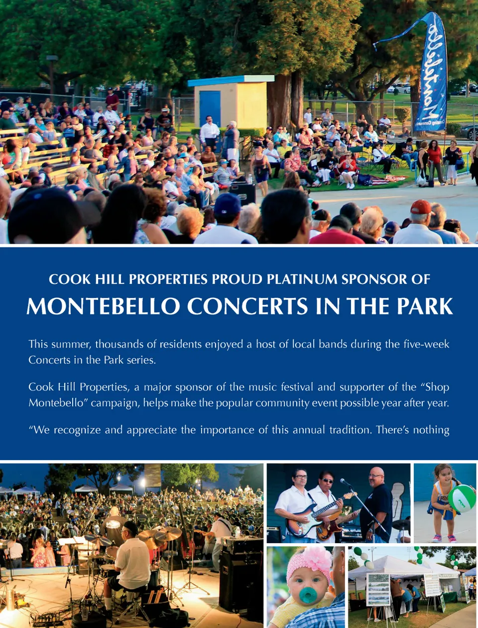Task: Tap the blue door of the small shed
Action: coord(210,109)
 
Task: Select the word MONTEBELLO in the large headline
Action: coord(103,306)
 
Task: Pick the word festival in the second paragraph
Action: coord(297,387)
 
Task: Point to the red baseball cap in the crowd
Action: coord(421,207)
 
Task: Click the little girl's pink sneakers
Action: coord(444,538)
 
